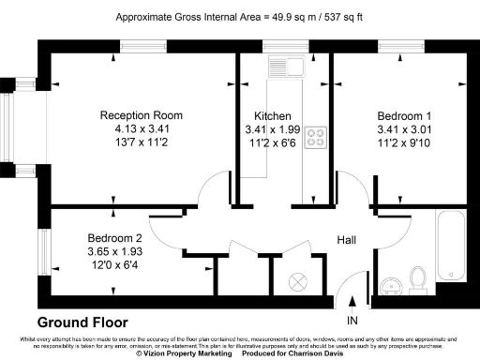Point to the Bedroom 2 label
pos(114,238)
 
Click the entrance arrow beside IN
pos(352,303)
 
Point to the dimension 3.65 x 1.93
pos(114,251)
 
